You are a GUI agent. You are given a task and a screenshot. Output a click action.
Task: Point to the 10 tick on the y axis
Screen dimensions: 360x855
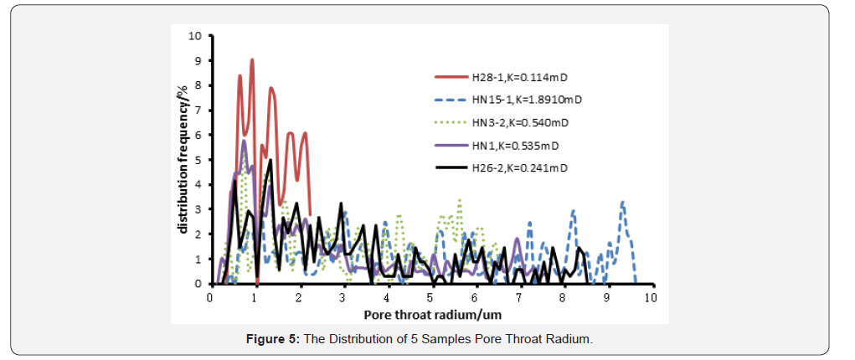point(196,36)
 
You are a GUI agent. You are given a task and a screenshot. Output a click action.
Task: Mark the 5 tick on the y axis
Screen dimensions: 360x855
point(198,160)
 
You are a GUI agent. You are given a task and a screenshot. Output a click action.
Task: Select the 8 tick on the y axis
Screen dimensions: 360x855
point(198,85)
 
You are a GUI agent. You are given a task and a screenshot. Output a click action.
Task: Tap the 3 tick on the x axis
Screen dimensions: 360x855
point(343,297)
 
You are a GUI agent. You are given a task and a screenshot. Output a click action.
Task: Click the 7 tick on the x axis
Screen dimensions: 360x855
point(518,297)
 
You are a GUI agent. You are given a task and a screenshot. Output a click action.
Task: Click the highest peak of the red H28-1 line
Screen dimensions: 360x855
point(252,60)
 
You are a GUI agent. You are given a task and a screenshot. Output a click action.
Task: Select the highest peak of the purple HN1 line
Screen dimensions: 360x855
point(244,141)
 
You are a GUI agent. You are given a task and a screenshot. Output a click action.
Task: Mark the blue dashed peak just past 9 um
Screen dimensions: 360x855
point(622,202)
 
